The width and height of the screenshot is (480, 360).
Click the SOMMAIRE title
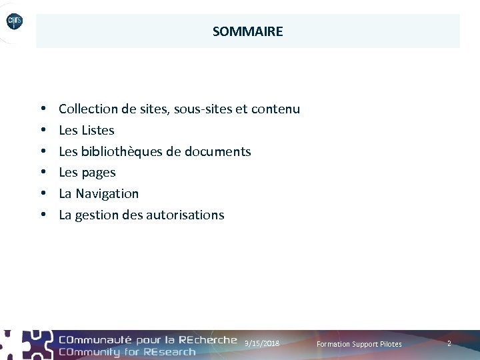coord(247,31)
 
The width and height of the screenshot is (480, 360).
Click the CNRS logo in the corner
coord(15,22)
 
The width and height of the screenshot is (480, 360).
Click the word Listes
coord(98,130)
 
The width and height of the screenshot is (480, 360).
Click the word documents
coord(218,151)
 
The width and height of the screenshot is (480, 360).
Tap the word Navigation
coord(107,194)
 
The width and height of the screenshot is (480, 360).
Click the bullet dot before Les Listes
coord(42,130)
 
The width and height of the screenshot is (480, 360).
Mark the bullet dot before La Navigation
coord(42,194)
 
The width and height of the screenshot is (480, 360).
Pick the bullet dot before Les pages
coord(42,173)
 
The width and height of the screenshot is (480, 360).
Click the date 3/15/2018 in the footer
coord(262,343)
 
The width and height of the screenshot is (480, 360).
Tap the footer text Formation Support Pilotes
coord(359,344)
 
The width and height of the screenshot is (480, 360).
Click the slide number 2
coord(449,343)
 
